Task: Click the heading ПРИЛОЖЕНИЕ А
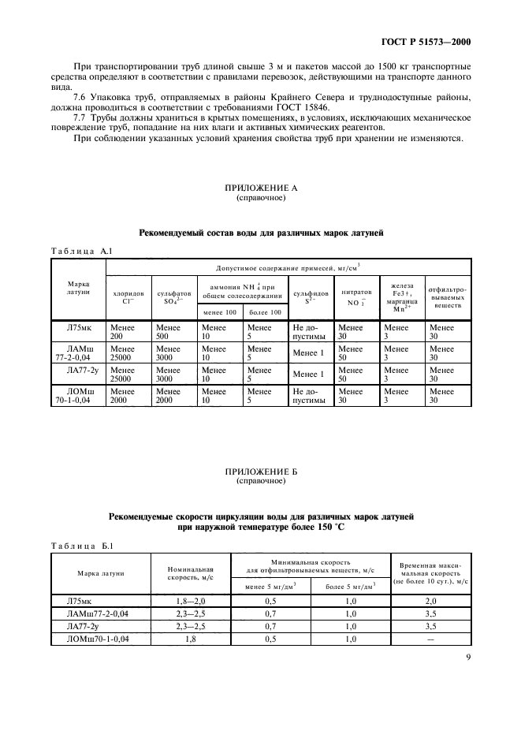(260, 189)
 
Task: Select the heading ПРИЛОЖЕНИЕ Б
(260, 471)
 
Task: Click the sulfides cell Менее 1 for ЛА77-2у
(308, 374)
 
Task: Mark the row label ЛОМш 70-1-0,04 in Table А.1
(77, 395)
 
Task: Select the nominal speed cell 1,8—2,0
(192, 601)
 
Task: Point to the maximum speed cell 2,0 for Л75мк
(430, 601)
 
